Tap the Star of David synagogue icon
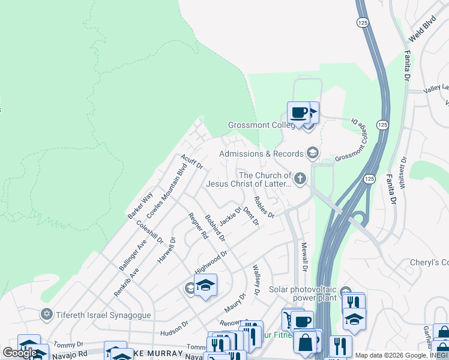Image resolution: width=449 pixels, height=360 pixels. pyautogui.click(x=46, y=314)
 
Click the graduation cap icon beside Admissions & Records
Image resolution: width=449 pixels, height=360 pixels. pyautogui.click(x=312, y=154)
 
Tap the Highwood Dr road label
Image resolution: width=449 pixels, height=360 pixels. pyautogui.click(x=211, y=261)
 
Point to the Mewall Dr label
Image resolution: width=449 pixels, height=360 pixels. pyautogui.click(x=304, y=256)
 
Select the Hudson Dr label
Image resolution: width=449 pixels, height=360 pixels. pyautogui.click(x=174, y=328)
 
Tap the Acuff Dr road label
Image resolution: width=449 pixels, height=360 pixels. pyautogui.click(x=192, y=161)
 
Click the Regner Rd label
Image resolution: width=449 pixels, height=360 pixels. pyautogui.click(x=197, y=226)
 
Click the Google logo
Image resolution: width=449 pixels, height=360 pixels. pyautogui.click(x=20, y=353)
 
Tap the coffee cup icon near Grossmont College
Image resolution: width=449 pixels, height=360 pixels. pyautogui.click(x=298, y=112)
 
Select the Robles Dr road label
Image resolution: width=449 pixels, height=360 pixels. pyautogui.click(x=264, y=207)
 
